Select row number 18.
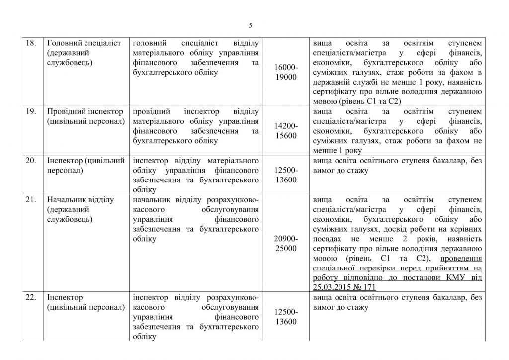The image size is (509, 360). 31,43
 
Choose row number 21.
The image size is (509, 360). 31,200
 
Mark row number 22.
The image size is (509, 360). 31,298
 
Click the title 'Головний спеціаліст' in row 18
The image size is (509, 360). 83,43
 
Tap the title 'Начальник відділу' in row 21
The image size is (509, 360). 80,200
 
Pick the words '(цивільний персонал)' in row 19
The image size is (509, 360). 84,122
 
